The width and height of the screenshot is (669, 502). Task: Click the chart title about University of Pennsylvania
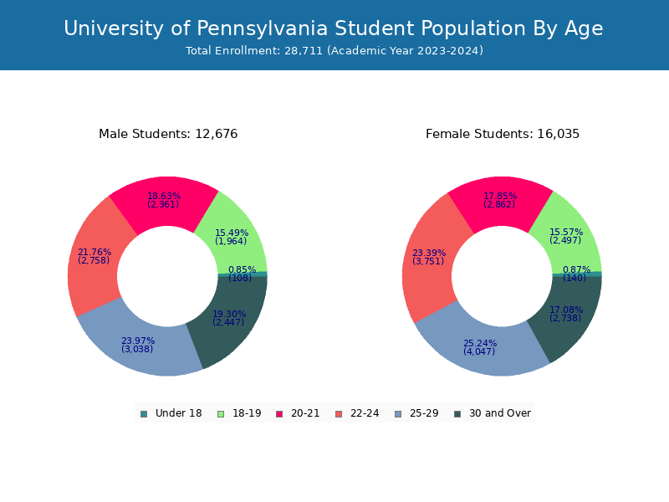[x=334, y=28]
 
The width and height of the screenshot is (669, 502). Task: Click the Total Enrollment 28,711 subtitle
[x=334, y=51]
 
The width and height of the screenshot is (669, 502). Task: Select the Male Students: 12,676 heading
[x=168, y=134]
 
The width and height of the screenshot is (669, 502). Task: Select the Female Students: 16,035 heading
[x=503, y=134]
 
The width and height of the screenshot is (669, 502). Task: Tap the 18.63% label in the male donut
[x=164, y=197]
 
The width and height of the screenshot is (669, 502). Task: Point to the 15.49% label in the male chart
[x=232, y=233]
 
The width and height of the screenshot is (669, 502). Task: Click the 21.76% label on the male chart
[x=94, y=253]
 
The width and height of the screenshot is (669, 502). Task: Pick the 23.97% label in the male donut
[x=138, y=341]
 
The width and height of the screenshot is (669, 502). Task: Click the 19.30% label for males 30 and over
[x=229, y=315]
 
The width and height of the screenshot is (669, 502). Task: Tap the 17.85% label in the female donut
[x=500, y=197]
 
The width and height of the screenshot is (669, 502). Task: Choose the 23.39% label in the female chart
[x=429, y=254]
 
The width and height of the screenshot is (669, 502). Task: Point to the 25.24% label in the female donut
[x=480, y=344]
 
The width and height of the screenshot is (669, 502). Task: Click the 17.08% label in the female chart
[x=566, y=310]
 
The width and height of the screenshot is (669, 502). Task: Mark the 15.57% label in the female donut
[x=566, y=233]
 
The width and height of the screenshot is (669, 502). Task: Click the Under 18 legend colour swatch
[x=144, y=413]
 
